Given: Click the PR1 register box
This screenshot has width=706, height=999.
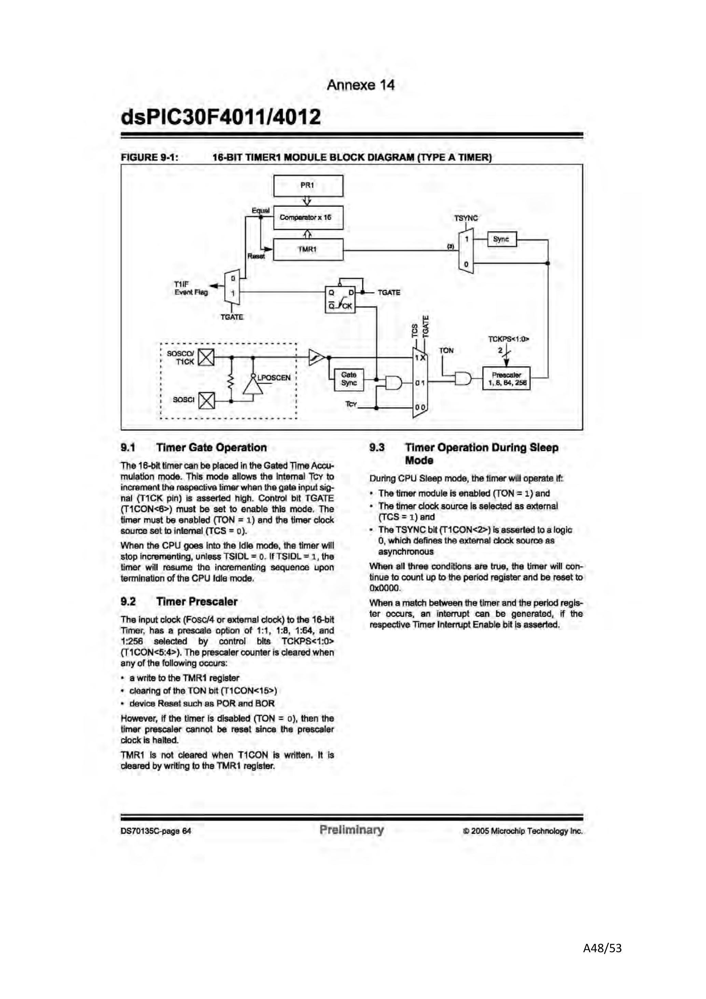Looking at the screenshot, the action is (308, 186).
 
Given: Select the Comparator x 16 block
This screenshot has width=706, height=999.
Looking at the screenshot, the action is (308, 217).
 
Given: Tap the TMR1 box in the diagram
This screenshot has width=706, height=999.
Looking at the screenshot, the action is (308, 249).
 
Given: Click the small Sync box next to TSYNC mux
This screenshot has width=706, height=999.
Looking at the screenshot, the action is (502, 239).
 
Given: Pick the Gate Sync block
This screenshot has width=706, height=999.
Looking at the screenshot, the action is (349, 379).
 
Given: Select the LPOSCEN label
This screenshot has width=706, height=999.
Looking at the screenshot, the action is (274, 378).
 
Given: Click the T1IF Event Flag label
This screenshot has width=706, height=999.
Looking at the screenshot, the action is (191, 288).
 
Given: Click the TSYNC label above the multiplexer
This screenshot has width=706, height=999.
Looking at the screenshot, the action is (466, 218).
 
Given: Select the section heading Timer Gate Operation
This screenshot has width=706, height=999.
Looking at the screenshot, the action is (211, 447).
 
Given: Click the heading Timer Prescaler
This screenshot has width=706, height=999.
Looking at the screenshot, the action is (197, 601).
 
